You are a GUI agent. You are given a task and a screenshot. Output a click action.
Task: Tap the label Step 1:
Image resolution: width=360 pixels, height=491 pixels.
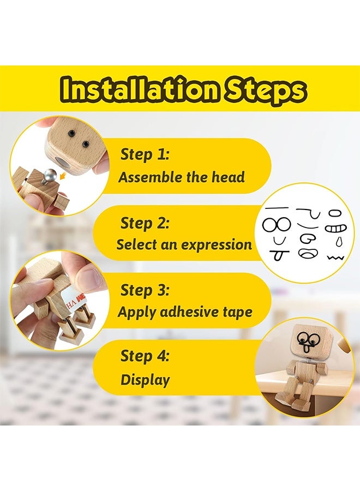(x=145, y=154)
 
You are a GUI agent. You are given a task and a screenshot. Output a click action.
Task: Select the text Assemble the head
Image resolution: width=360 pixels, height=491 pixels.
(x=182, y=177)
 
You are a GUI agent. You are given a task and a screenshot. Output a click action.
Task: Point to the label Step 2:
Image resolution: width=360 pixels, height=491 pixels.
(x=145, y=223)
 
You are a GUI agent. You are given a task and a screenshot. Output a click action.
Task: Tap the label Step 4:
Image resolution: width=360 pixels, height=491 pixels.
(x=145, y=356)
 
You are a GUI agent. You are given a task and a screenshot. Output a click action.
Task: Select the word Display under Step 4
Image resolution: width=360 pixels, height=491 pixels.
(x=145, y=380)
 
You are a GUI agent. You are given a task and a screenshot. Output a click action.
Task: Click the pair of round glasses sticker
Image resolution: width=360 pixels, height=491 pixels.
(x=277, y=224)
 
